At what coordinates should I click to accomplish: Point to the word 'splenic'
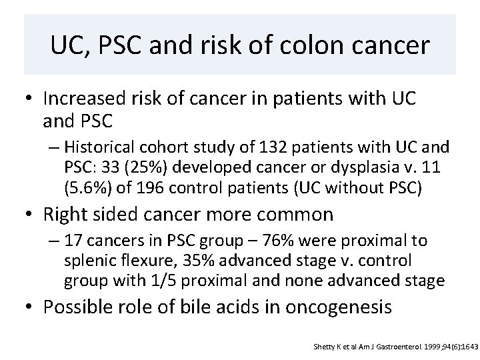[x=88, y=258]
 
